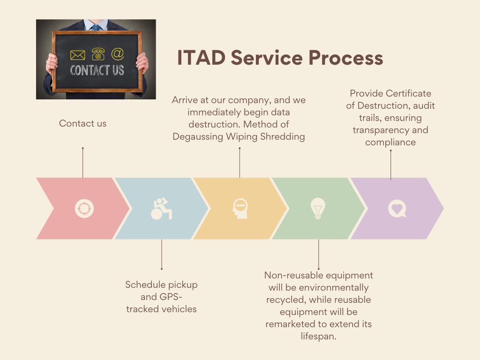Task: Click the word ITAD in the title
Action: (x=202, y=58)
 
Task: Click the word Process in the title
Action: (x=345, y=58)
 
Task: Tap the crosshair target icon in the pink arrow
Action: (x=84, y=209)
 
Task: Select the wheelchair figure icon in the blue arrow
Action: (x=161, y=209)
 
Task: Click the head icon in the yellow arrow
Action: (x=240, y=209)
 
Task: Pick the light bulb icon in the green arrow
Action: (x=318, y=209)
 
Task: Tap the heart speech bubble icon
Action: (x=397, y=209)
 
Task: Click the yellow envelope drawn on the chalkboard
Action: (x=77, y=55)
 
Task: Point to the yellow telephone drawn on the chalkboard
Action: (x=98, y=54)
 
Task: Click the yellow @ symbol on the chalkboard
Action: (x=118, y=54)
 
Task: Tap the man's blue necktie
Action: (x=96, y=28)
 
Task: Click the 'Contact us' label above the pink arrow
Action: (x=82, y=123)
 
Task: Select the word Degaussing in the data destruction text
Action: (x=198, y=136)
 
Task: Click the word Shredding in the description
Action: (x=283, y=136)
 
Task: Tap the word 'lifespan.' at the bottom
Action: (x=318, y=336)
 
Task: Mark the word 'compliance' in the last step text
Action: (x=390, y=142)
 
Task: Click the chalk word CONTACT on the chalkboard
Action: (x=90, y=70)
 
